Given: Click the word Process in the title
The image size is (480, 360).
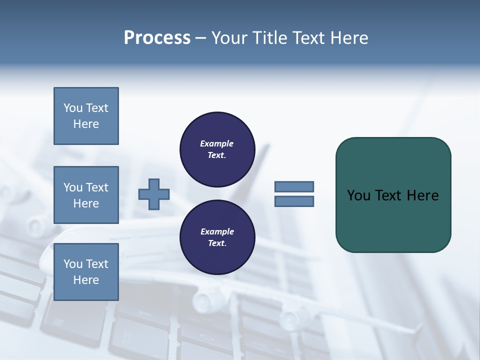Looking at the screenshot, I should click(157, 38).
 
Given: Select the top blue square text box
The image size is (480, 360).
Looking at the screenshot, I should click(86, 116).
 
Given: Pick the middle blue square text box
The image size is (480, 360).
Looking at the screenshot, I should click(86, 195).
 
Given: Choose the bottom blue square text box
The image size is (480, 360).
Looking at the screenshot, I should click(86, 272).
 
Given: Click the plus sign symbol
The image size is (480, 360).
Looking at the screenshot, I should click(154, 194).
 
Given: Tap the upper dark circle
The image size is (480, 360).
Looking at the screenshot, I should click(217, 149).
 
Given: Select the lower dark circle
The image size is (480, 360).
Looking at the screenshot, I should click(217, 237).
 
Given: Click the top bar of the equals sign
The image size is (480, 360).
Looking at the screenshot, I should click(294, 186).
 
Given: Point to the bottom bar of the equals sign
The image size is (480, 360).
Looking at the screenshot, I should click(294, 201).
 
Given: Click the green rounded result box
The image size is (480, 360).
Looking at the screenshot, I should click(393, 220).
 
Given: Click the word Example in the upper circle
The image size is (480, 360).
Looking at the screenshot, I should click(217, 143).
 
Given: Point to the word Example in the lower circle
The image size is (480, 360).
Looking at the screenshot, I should click(217, 231).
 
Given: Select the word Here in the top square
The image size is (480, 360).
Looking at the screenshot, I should click(86, 124).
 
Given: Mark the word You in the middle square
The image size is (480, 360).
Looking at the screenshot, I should click(73, 187).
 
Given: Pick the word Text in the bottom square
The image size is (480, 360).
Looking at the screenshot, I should click(97, 264).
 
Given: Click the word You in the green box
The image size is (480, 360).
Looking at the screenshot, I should click(358, 195).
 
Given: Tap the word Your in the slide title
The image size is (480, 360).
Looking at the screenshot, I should click(230, 38).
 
